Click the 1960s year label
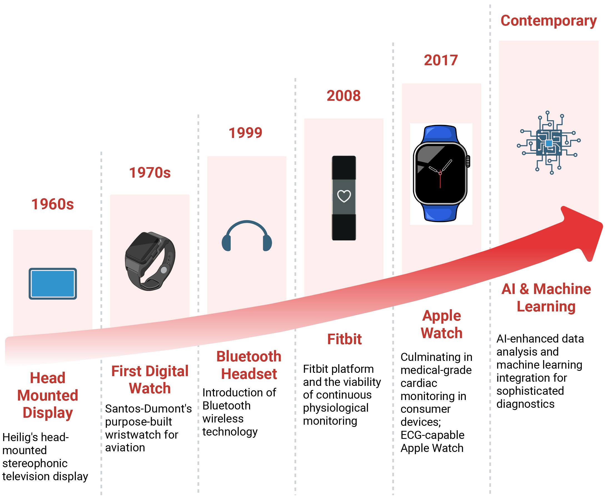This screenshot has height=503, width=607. coord(53,204)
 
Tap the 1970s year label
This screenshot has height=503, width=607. coord(150,173)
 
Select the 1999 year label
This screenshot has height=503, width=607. coord(245,133)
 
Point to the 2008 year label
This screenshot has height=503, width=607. coord(344,95)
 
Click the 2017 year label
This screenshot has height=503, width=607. coord(441,60)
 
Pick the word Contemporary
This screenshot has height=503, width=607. coord(549,21)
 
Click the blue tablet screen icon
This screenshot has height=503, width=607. coord(53,283)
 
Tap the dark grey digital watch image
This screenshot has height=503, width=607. coord(150,261)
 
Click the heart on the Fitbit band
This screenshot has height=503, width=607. coord(344,196)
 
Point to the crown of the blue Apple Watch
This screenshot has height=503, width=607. coord(468,161)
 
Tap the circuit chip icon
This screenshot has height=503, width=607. coord(549,143)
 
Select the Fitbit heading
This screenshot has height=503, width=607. coord(344,339)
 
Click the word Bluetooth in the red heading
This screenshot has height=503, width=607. coord(249,356)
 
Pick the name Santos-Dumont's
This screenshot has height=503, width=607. coord(148,409)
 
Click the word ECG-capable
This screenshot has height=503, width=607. coord(432,435)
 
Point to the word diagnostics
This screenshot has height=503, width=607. coord(526,404)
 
